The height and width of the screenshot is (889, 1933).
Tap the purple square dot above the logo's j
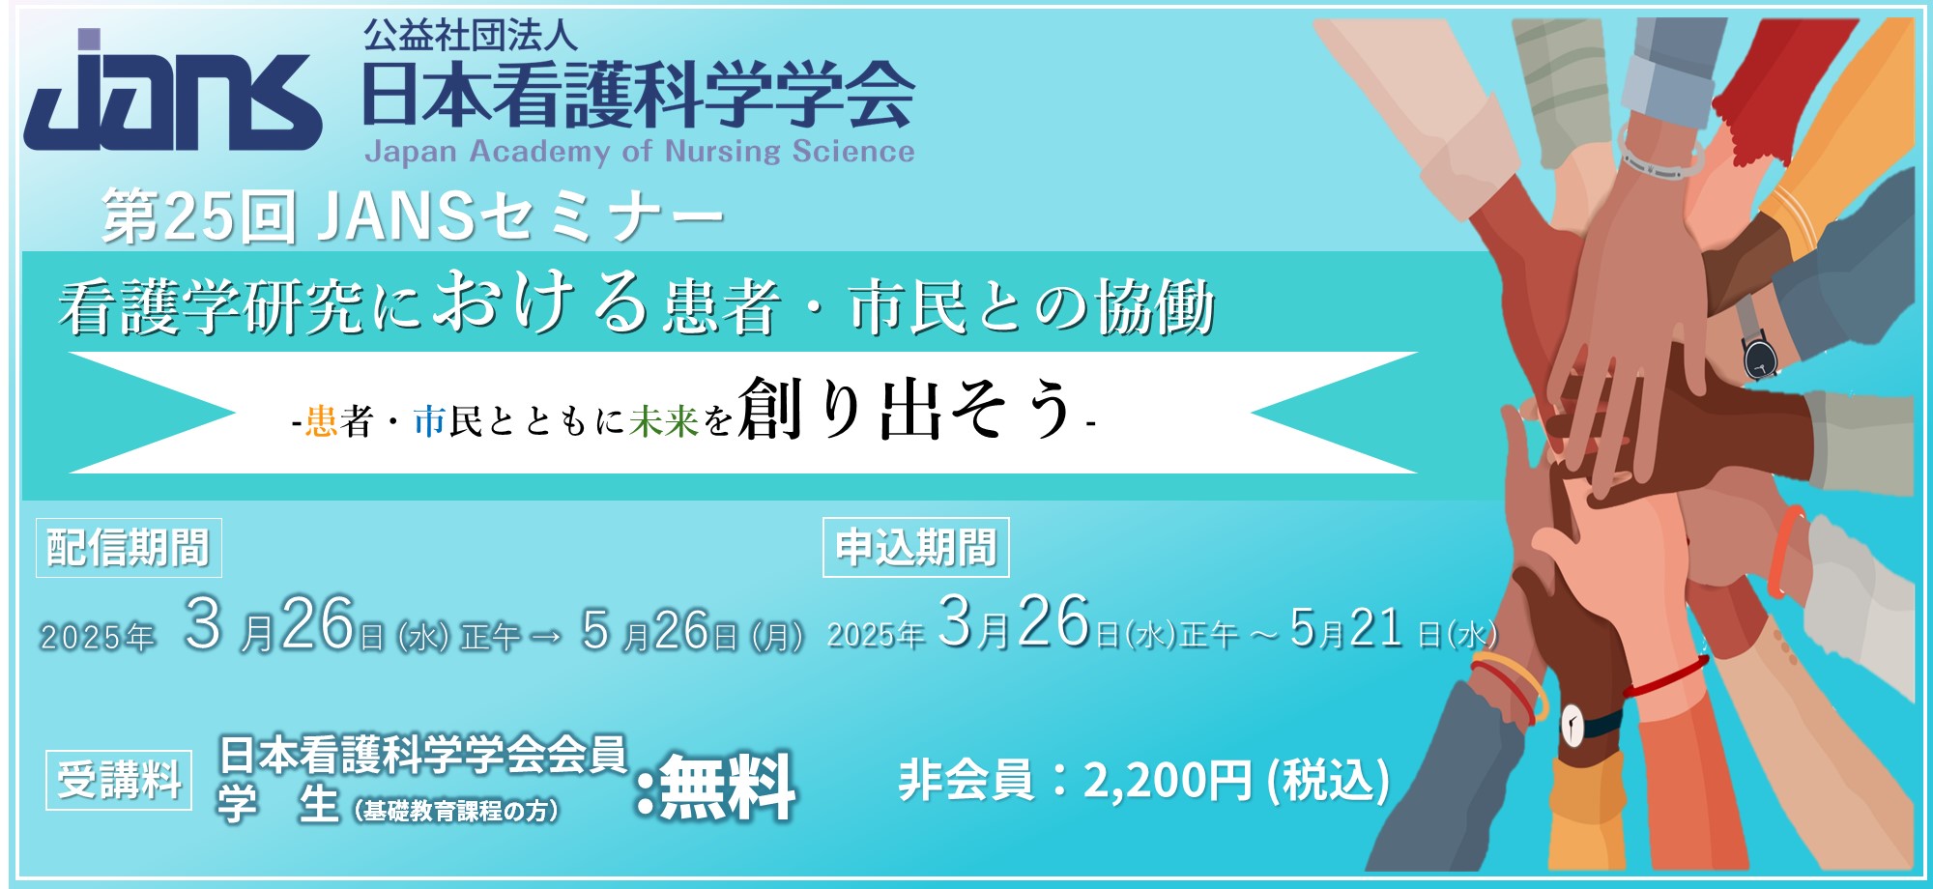[89, 40]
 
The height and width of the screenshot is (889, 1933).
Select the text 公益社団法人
[470, 36]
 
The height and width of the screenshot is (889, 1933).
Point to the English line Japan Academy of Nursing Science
[639, 152]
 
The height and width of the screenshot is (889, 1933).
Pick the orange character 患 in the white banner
[320, 421]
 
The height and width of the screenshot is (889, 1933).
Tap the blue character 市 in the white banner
[428, 421]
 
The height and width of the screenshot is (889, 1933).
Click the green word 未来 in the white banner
[664, 421]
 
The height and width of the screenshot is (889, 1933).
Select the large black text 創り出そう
[906, 409]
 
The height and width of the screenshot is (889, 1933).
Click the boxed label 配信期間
[129, 548]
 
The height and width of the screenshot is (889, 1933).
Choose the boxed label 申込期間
[916, 547]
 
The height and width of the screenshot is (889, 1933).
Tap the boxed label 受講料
[119, 780]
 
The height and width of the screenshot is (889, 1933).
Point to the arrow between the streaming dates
[545, 637]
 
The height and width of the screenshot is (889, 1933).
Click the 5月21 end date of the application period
[1346, 628]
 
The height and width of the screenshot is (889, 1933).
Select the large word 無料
[728, 787]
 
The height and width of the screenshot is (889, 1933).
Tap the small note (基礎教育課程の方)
[456, 811]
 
